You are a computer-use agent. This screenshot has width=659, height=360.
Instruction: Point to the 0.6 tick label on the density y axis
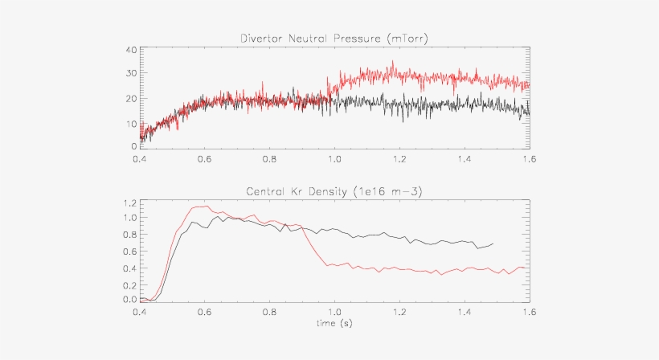pyautogui.click(x=130, y=251)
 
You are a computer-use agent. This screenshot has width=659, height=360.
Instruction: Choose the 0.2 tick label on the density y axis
pyautogui.click(x=130, y=283)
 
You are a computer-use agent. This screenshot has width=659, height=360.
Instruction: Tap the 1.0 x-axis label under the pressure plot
pyautogui.click(x=334, y=159)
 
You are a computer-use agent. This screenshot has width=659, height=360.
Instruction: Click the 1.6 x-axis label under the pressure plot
pyautogui.click(x=528, y=159)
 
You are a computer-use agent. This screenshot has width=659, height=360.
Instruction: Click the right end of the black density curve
pyautogui.click(x=493, y=243)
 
